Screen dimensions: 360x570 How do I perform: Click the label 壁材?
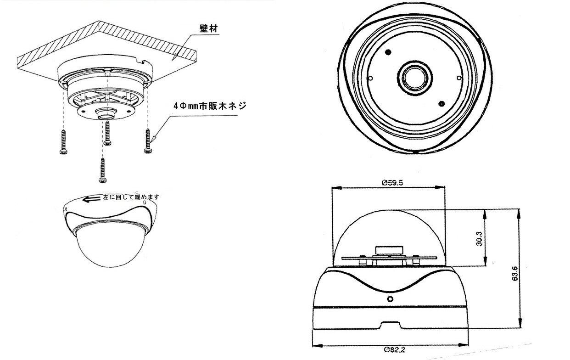[x=207, y=28]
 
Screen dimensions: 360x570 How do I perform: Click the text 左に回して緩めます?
[x=131, y=197]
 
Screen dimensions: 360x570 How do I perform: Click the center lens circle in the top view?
[x=414, y=77]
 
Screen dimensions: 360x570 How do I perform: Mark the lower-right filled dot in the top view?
[x=441, y=103]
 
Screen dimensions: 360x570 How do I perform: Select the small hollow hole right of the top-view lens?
[x=458, y=78]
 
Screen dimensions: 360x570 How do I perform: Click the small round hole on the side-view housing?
[x=390, y=299]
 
